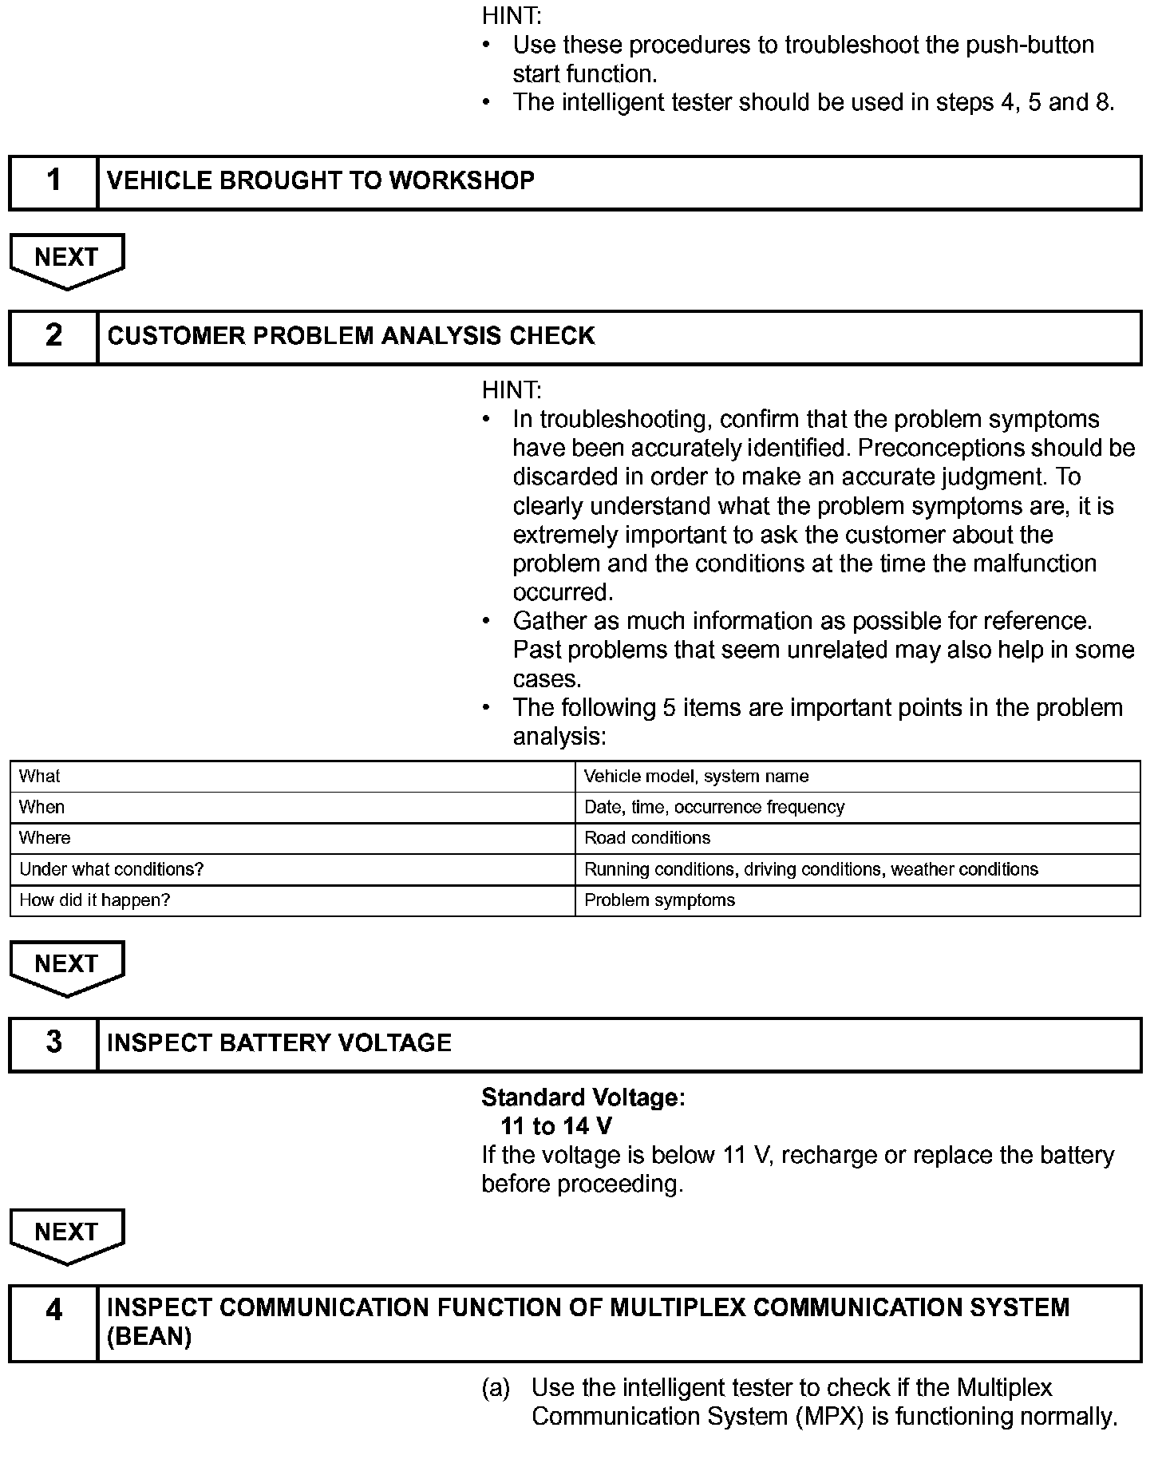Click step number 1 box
click(53, 182)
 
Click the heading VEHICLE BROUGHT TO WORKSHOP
click(320, 181)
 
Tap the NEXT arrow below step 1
click(67, 260)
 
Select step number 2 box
click(53, 337)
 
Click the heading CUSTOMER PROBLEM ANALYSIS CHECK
click(350, 336)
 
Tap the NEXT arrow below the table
click(67, 967)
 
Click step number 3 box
click(53, 1043)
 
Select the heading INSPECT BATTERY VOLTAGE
click(279, 1043)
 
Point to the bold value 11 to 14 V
click(556, 1126)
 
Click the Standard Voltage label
click(583, 1097)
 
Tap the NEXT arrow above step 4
click(67, 1235)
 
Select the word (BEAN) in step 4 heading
click(148, 1337)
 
